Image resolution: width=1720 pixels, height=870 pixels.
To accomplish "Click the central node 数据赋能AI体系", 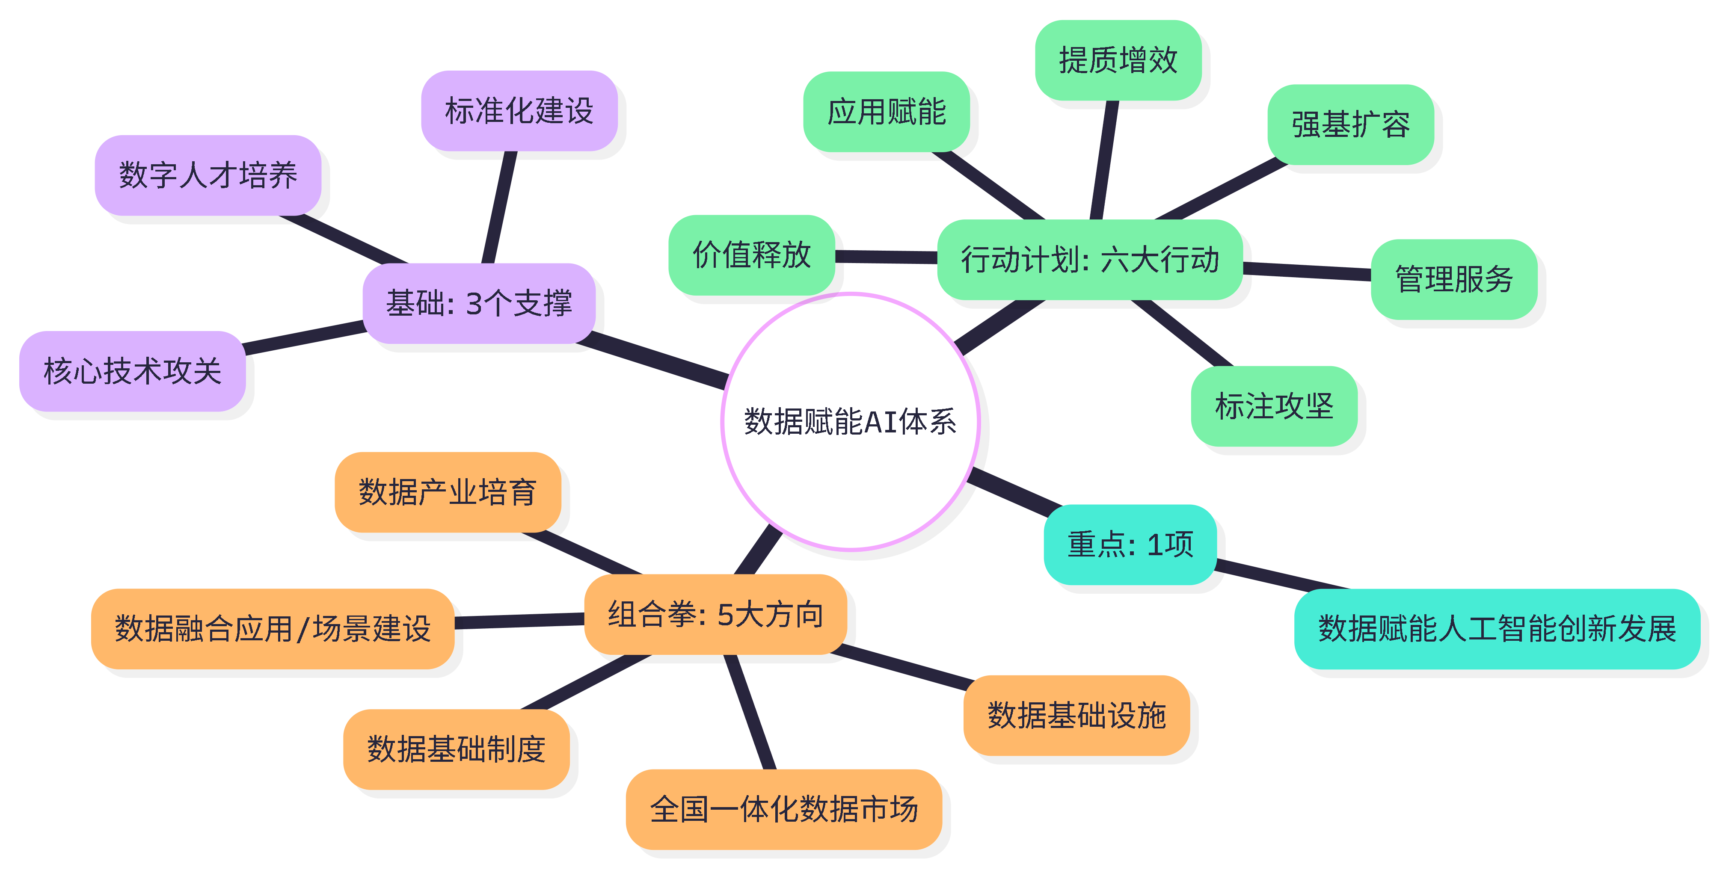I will click(x=850, y=421).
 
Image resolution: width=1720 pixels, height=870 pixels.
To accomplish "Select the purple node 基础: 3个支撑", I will click(x=479, y=304).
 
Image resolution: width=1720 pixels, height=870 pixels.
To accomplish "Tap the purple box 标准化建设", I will click(x=519, y=111).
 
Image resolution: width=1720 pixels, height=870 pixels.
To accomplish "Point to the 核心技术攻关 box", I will click(x=132, y=371).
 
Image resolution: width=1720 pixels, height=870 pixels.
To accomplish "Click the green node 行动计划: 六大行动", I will click(x=1090, y=260).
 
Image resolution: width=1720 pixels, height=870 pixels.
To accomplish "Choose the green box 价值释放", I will click(x=751, y=255).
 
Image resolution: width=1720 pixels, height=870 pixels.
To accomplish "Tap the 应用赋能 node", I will click(x=886, y=112).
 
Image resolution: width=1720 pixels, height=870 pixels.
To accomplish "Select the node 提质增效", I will click(x=1118, y=60).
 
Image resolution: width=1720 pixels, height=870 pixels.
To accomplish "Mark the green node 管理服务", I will click(x=1453, y=279).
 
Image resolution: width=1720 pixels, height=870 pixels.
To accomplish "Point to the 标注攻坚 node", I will click(x=1274, y=406).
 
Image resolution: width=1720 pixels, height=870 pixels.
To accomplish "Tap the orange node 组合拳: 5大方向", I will click(x=715, y=614).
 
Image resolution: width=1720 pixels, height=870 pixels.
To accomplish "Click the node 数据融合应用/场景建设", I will click(x=273, y=629).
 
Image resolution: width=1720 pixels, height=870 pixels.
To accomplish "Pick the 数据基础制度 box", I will click(x=456, y=749).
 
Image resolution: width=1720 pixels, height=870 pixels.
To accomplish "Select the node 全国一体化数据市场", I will click(x=783, y=809).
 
